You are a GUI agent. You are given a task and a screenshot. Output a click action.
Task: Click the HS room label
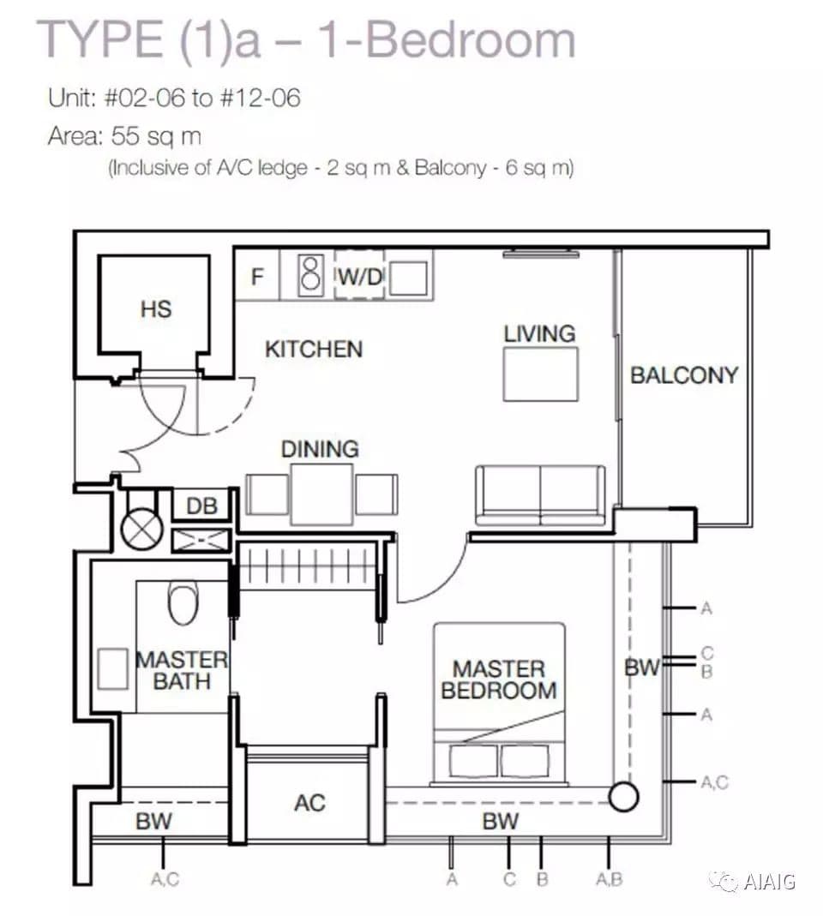[x=156, y=308]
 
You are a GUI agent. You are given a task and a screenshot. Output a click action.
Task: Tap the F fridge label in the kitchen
[x=257, y=276]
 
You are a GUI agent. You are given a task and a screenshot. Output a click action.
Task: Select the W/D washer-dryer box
[x=359, y=275]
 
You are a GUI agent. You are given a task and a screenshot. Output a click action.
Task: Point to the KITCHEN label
[x=314, y=349]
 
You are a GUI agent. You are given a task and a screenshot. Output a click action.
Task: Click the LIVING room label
[x=539, y=333]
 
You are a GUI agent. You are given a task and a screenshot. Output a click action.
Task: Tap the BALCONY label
[x=684, y=375]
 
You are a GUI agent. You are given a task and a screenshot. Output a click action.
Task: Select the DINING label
[x=320, y=449]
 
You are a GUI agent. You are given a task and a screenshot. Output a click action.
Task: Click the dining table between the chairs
[x=322, y=494]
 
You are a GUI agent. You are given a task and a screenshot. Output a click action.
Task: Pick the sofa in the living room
[x=541, y=494]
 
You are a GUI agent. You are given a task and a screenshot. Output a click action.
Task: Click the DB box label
[x=201, y=506]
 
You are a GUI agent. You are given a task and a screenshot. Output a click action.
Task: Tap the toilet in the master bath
[x=183, y=602]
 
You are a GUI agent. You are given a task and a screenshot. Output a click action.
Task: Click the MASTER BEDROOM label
[x=499, y=680]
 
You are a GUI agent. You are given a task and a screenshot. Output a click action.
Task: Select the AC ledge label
[x=309, y=803]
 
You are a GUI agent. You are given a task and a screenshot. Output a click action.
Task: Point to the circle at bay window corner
[x=623, y=796]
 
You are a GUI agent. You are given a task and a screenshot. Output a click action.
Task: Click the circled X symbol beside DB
[x=141, y=529]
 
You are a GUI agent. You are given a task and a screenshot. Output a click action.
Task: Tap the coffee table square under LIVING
[x=541, y=374]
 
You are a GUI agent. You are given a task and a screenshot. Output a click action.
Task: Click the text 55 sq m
[x=156, y=136]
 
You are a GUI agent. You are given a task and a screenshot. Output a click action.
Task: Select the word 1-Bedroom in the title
[x=447, y=39]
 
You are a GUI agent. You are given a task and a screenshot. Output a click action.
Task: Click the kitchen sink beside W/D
[x=408, y=278]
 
